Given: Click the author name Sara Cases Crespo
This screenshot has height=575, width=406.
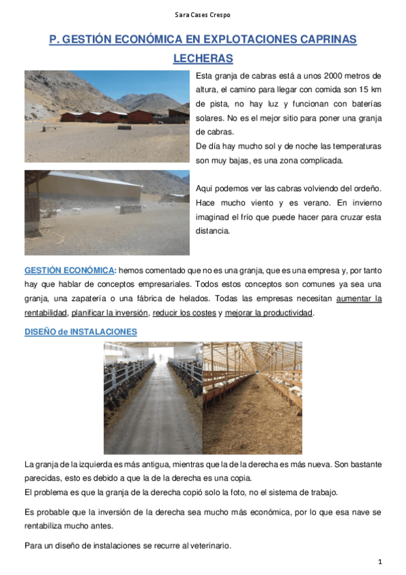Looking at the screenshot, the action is pyautogui.click(x=203, y=15).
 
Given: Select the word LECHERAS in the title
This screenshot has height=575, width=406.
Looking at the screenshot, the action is pyautogui.click(x=203, y=58).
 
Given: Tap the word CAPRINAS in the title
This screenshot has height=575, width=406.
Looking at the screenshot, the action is pyautogui.click(x=320, y=40).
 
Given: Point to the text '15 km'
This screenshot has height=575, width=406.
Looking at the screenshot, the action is pyautogui.click(x=368, y=90).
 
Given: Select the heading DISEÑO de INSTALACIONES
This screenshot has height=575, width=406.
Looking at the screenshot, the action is pyautogui.click(x=81, y=332).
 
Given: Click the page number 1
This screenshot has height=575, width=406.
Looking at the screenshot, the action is pyautogui.click(x=380, y=561).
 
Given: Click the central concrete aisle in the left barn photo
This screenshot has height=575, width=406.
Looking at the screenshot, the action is pyautogui.click(x=153, y=414).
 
